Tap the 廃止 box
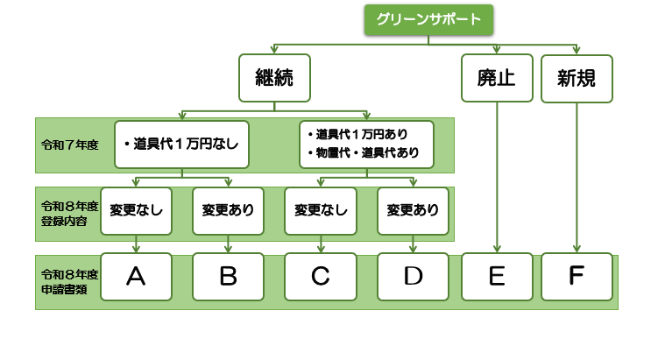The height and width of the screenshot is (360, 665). pyautogui.click(x=497, y=78)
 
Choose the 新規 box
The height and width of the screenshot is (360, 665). pyautogui.click(x=576, y=78)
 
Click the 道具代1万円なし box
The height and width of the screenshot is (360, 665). pyautogui.click(x=181, y=144)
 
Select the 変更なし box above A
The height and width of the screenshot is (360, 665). pyautogui.click(x=136, y=211)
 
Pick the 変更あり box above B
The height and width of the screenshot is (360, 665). pyautogui.click(x=228, y=211)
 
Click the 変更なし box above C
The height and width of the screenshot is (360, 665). pyautogui.click(x=321, y=211)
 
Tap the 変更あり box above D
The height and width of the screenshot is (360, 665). pyautogui.click(x=413, y=211)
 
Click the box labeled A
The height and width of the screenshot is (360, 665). pyautogui.click(x=136, y=277)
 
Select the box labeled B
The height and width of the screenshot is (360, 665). pyautogui.click(x=228, y=277)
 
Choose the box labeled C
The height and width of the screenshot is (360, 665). pyautogui.click(x=321, y=277)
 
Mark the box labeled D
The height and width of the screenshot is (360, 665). pyautogui.click(x=413, y=277)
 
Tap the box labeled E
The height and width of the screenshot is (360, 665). pyautogui.click(x=497, y=277)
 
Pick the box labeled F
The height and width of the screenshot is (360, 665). pyautogui.click(x=576, y=277)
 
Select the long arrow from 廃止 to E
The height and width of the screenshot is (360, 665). pyautogui.click(x=497, y=175)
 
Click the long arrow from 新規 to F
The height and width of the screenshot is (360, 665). pyautogui.click(x=576, y=175)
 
